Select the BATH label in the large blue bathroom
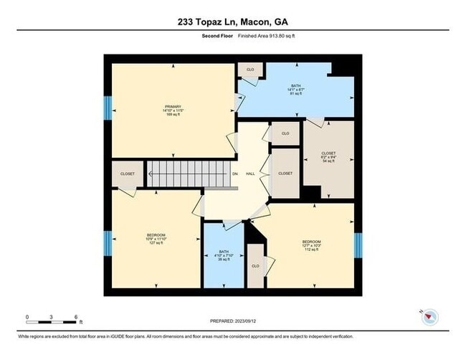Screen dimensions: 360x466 click(x=296, y=86)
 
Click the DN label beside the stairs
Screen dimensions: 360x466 click(x=234, y=174)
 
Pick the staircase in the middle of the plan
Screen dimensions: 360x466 click(x=191, y=174)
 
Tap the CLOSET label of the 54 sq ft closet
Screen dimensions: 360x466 click(x=328, y=153)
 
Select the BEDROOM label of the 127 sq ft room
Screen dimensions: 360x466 click(x=156, y=236)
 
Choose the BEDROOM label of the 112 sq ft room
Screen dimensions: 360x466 click(x=311, y=241)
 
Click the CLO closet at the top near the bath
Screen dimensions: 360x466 click(x=250, y=70)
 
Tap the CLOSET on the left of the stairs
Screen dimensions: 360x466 click(x=128, y=174)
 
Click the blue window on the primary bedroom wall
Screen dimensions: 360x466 click(x=108, y=108)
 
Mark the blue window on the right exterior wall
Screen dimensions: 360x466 click(x=358, y=245)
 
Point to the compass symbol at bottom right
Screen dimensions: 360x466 click(x=429, y=316)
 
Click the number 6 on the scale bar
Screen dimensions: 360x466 click(x=75, y=316)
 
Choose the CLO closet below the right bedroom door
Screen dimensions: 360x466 click(x=255, y=265)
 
